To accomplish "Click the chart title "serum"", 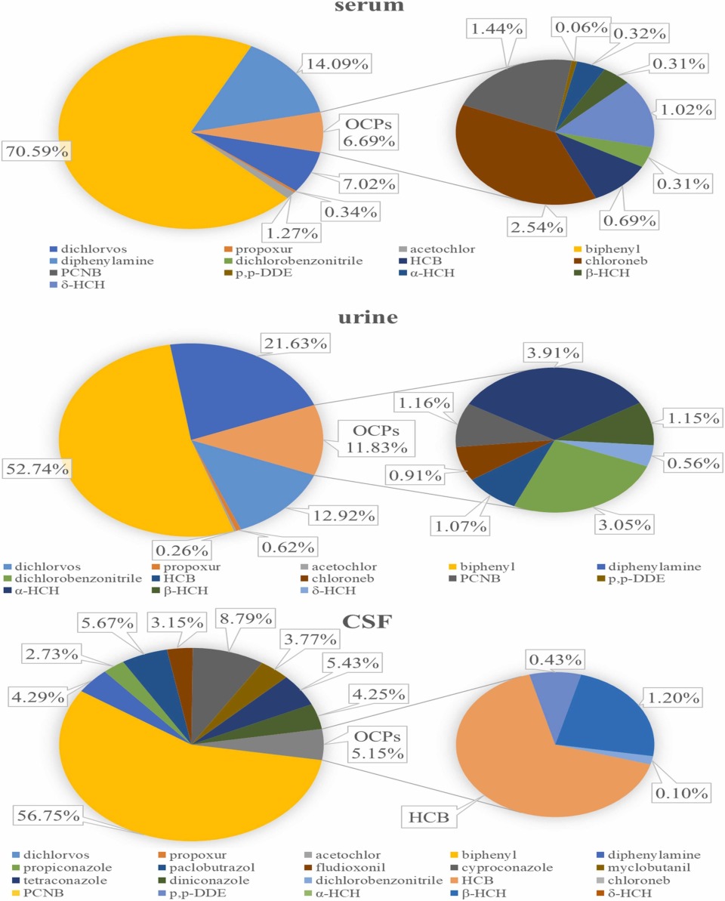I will (x=362, y=7).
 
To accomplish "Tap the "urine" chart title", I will (x=362, y=317).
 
